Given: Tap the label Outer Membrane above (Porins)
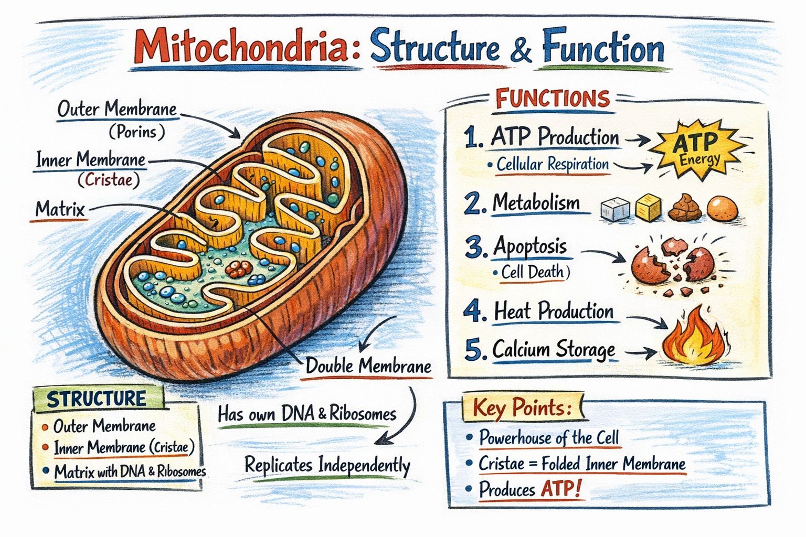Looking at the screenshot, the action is [117, 109].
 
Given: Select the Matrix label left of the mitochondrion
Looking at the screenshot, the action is [60, 209].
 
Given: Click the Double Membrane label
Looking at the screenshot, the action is [368, 366].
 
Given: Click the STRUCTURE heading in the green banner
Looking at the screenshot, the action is [97, 399].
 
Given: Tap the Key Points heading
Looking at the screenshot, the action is [522, 408].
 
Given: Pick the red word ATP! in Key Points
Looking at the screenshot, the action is [561, 489].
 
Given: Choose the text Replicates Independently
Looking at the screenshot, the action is [327, 466].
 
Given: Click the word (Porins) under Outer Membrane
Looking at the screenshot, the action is [137, 132].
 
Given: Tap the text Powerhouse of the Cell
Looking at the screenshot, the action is [549, 438].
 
